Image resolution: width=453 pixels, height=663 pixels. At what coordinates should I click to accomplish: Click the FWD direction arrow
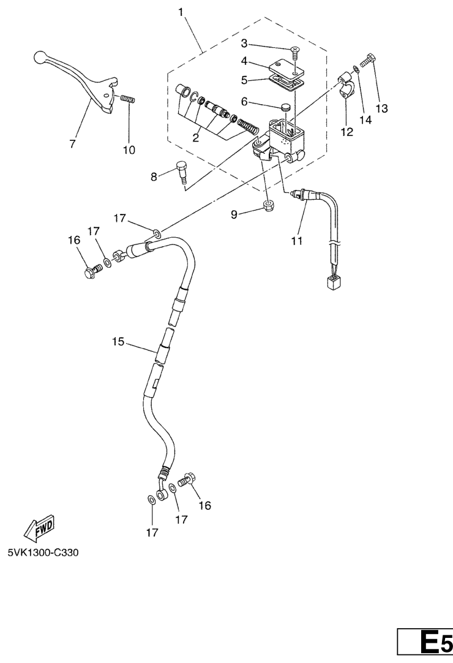click(x=39, y=528)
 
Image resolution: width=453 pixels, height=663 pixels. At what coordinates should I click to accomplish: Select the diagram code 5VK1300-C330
click(x=43, y=552)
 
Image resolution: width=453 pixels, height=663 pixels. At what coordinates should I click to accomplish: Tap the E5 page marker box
click(x=425, y=645)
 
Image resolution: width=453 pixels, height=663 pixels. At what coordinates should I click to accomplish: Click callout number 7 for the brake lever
click(x=72, y=144)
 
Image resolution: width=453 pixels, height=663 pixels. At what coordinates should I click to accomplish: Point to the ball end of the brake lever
click(x=40, y=56)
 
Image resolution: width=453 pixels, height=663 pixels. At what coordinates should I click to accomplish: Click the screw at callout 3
click(x=294, y=53)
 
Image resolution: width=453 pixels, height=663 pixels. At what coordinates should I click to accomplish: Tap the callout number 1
click(x=181, y=12)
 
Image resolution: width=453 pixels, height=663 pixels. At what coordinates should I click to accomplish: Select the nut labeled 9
click(x=267, y=206)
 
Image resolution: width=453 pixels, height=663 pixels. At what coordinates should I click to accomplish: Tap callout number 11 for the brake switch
click(x=297, y=241)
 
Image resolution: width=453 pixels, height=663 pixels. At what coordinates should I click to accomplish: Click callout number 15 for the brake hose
click(x=118, y=341)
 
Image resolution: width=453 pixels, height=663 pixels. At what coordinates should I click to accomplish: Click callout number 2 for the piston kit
click(x=196, y=138)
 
